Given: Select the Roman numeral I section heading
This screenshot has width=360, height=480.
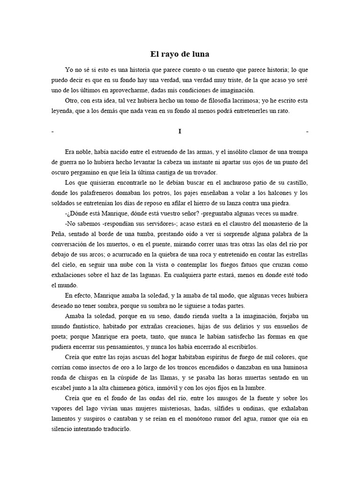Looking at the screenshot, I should (x=180, y=132).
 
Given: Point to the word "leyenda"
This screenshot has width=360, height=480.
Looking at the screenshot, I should (x=64, y=111).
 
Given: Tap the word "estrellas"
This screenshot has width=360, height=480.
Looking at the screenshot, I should (x=292, y=254).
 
